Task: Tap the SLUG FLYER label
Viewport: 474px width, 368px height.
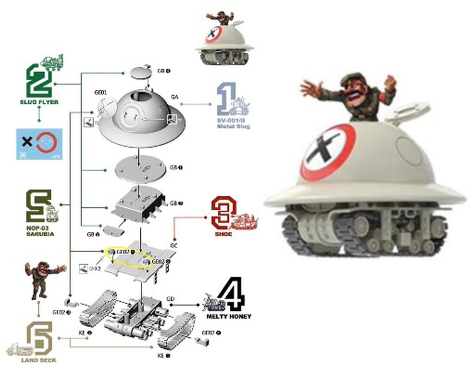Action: (39, 102)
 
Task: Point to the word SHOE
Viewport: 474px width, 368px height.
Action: (223, 234)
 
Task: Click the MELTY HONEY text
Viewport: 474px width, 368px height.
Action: (229, 317)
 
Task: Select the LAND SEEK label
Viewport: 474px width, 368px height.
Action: (39, 360)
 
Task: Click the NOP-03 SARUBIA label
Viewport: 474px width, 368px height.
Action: (40, 231)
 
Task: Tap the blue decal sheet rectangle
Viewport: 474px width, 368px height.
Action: (39, 144)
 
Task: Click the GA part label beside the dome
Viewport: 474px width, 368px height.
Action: (175, 97)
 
